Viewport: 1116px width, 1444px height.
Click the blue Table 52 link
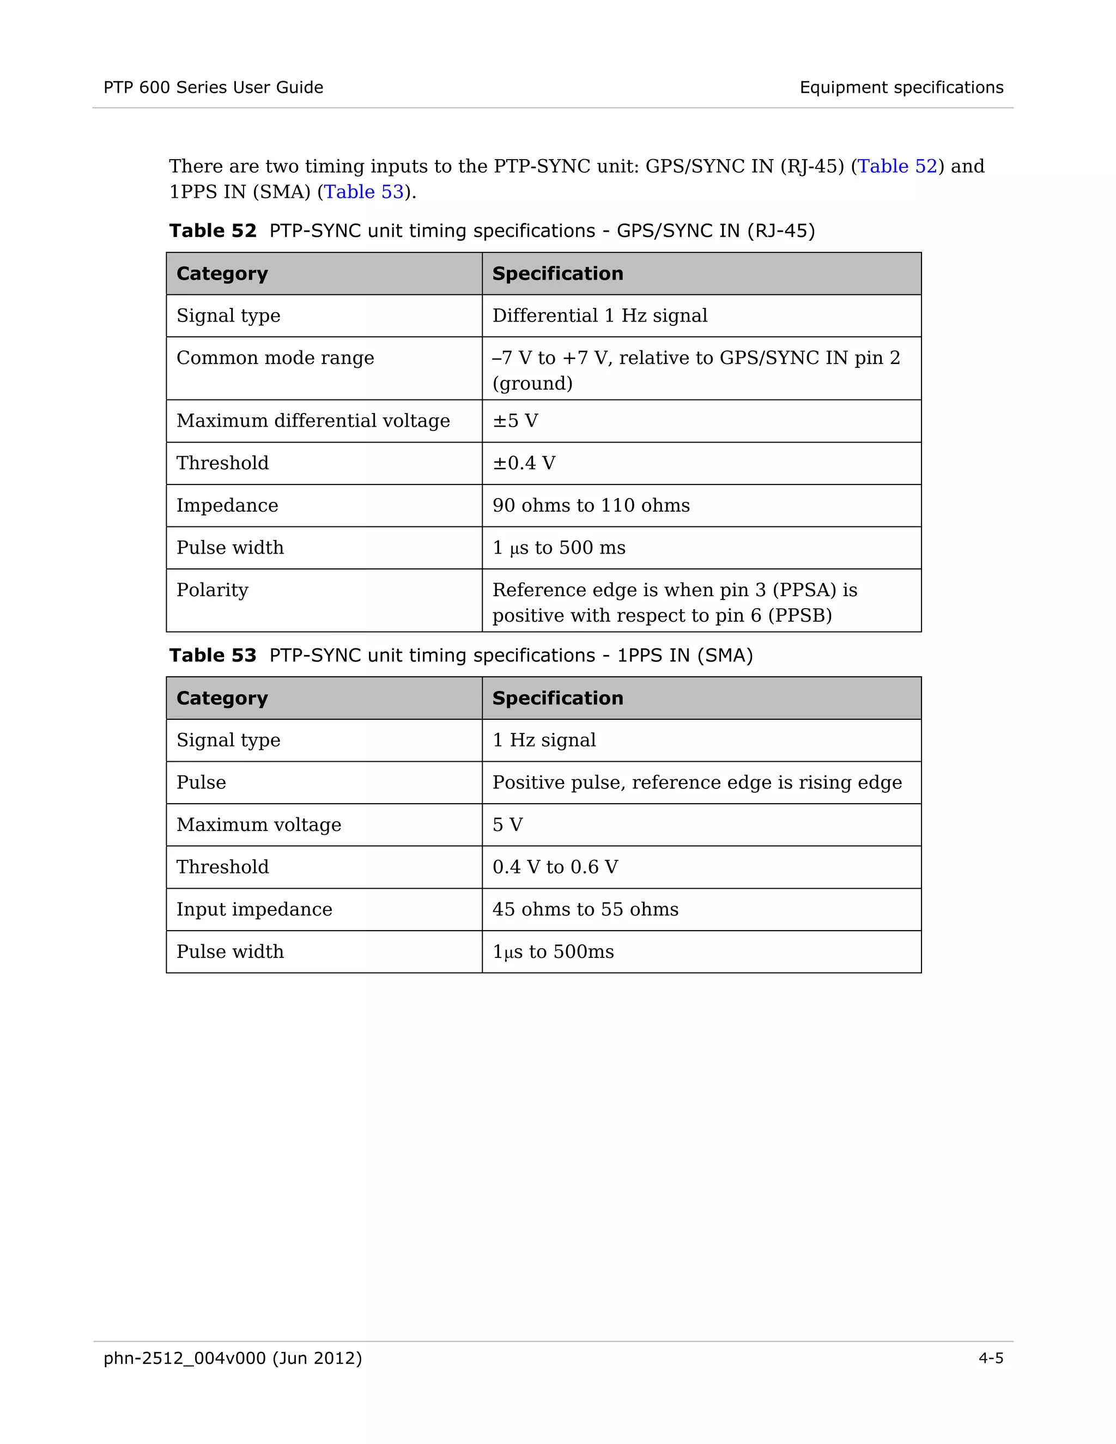click(x=897, y=166)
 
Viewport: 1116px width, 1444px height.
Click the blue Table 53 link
click(x=363, y=192)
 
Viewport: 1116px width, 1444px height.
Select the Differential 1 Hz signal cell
click(x=599, y=316)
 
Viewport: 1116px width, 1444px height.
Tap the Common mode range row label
click(x=275, y=357)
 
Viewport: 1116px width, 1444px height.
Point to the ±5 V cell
click(x=515, y=421)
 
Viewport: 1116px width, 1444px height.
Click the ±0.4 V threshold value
click(x=524, y=463)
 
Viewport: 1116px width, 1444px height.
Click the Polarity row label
click(x=212, y=590)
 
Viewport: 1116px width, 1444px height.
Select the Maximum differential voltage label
click(x=313, y=421)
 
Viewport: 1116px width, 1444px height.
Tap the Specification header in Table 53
click(x=557, y=698)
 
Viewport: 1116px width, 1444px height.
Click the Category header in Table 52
click(x=222, y=274)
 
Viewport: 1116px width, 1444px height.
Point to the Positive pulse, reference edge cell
click(x=697, y=782)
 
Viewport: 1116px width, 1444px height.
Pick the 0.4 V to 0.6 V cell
click(x=555, y=867)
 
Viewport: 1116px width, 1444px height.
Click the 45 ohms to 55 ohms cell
click(x=585, y=909)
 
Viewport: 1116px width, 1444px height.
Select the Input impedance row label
click(x=254, y=909)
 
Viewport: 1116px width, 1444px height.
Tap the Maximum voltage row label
click(x=258, y=824)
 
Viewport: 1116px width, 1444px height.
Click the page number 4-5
click(x=990, y=1358)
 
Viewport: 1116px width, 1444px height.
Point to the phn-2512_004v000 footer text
click(x=233, y=1358)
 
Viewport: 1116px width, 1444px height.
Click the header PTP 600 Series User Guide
click(x=213, y=87)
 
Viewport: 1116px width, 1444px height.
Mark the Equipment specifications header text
click(x=901, y=87)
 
